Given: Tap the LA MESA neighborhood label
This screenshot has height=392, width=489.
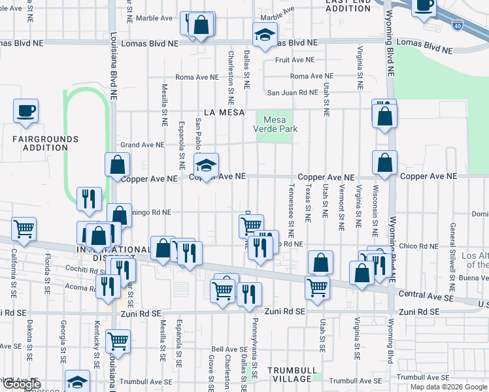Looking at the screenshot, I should [224, 112].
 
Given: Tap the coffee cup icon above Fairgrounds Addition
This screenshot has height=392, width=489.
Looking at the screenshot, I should [25, 110].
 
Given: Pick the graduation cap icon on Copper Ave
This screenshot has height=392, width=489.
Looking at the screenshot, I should [207, 165].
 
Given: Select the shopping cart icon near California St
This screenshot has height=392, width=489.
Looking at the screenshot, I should [24, 229].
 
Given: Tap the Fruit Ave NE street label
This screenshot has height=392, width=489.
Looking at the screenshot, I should [292, 59].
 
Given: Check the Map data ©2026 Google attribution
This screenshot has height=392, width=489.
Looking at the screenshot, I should [448, 387].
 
